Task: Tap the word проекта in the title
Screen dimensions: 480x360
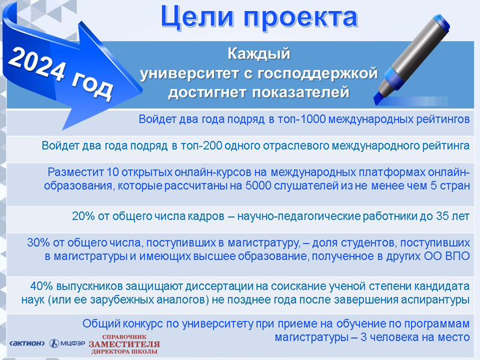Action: point(300,18)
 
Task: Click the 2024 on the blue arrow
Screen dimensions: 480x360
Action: point(37,65)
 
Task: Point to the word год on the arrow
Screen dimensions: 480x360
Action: point(92,88)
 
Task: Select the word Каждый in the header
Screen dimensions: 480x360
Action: point(259,54)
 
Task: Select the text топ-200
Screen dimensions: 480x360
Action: point(201,146)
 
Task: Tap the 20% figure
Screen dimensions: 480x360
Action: point(83,216)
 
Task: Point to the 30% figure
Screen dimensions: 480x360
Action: point(38,242)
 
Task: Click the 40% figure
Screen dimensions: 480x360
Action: point(42,287)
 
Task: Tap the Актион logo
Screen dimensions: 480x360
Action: point(27,343)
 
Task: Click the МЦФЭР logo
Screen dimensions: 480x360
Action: point(68,344)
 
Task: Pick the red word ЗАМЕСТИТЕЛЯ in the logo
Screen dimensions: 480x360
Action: point(124,344)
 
